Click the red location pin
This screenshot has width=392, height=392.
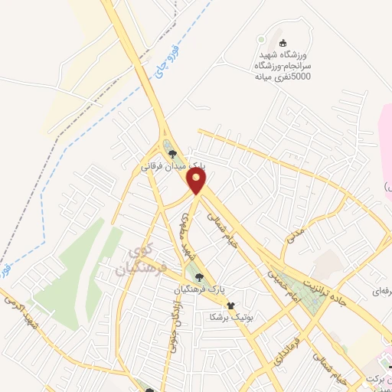pyautogui.click(x=198, y=181)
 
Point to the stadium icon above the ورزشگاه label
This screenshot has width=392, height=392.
pyautogui.click(x=283, y=43)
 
